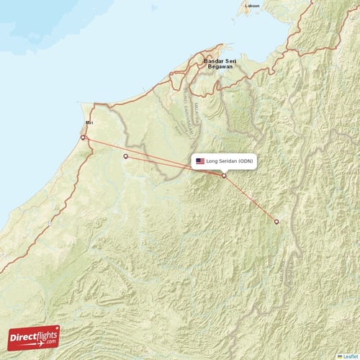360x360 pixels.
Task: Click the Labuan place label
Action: click(251, 6)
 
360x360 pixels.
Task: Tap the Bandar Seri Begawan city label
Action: click(220, 65)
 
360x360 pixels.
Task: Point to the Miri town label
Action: click(89, 122)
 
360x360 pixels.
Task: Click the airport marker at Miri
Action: click(83, 138)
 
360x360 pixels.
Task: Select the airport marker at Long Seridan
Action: click(223, 176)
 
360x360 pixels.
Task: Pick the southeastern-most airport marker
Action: click(276, 222)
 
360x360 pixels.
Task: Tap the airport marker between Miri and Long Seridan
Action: click(126, 156)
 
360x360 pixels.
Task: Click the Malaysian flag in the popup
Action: click(200, 161)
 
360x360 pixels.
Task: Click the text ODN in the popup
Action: click(246, 161)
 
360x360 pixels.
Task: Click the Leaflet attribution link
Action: click(351, 356)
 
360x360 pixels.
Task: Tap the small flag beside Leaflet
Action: click(340, 356)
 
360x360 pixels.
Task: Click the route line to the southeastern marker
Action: click(252, 201)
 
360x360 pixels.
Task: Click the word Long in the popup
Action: click(212, 161)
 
